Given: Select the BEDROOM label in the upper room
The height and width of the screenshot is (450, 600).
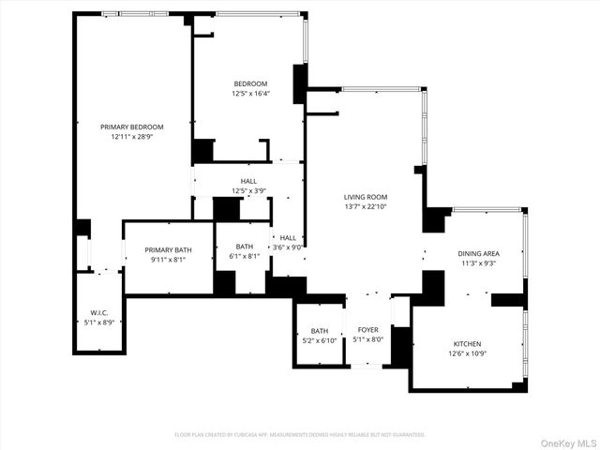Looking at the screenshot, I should (x=250, y=83).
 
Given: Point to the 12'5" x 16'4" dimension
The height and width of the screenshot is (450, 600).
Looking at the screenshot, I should (x=250, y=94).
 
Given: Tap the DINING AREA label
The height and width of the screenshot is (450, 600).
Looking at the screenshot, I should (x=477, y=254).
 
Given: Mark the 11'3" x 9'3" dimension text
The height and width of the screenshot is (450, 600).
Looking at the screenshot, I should (x=477, y=264).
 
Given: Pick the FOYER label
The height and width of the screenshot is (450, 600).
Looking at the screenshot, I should (x=367, y=330).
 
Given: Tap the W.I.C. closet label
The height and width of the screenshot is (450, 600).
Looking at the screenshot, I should (x=99, y=312).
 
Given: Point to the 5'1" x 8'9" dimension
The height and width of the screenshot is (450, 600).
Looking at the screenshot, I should (x=99, y=322).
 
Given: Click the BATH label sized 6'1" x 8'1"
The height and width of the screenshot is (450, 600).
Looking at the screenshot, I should (x=245, y=246).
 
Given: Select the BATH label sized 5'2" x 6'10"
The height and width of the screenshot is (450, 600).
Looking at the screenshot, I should (x=320, y=330).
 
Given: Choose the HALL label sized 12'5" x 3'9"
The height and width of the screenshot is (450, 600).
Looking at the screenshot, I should (x=248, y=181).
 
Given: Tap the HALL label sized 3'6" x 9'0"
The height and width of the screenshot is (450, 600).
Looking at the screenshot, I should (x=287, y=238).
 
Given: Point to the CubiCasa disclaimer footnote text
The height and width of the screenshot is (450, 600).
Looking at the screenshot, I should (x=300, y=435).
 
